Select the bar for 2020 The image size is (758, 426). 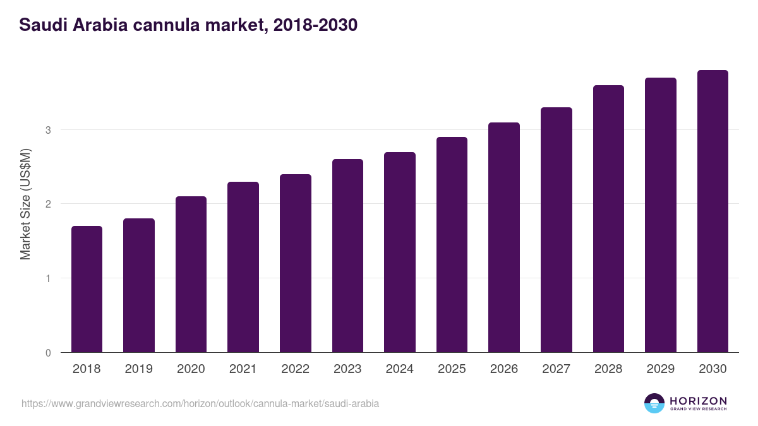tap(191, 275)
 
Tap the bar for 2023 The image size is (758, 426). tap(347, 256)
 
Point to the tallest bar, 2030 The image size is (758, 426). tap(713, 211)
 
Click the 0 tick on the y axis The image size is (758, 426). tap(48, 353)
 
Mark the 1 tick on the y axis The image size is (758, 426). tap(48, 278)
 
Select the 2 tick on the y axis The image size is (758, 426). tap(48, 204)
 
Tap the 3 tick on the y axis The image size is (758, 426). tap(48, 130)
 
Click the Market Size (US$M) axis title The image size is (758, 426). tap(25, 204)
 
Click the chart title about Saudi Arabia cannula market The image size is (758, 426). tap(188, 25)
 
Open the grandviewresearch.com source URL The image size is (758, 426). tap(200, 403)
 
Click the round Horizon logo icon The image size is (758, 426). tap(654, 403)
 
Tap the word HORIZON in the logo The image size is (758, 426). tap(698, 401)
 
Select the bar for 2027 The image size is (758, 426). tap(556, 230)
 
